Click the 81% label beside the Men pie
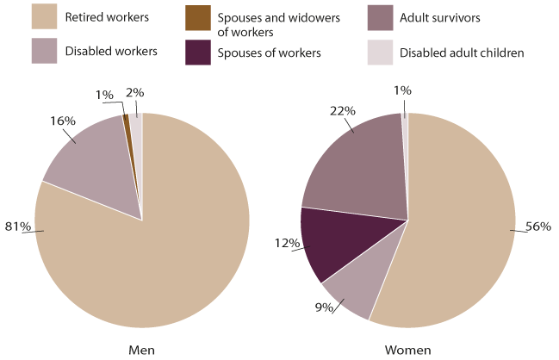point(20,227)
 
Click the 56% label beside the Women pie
point(537,227)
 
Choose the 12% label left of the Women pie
point(286,244)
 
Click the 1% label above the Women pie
point(402,90)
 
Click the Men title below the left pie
point(141,349)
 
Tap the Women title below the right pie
point(407,349)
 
